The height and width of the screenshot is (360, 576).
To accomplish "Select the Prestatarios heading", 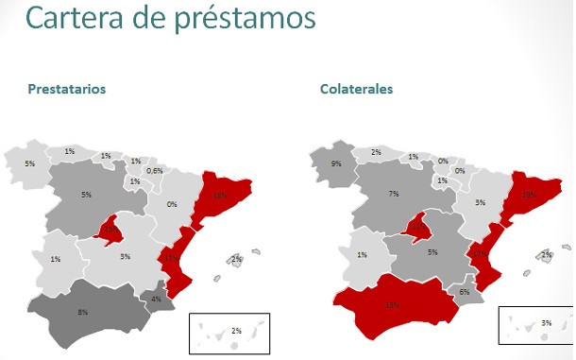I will click(66, 90).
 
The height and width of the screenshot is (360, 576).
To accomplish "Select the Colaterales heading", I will click(357, 90).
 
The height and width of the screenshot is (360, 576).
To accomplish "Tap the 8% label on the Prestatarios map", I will click(83, 312).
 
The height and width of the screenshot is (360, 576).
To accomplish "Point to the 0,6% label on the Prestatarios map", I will click(156, 171).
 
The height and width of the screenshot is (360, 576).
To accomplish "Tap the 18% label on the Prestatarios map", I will click(219, 196).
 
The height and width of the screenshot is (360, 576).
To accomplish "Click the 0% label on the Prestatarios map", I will click(172, 204).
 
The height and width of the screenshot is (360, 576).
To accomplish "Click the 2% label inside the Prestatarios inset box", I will click(236, 331).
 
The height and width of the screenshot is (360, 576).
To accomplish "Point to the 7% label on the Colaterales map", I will click(394, 194).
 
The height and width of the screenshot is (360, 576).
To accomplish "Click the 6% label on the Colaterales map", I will click(464, 293).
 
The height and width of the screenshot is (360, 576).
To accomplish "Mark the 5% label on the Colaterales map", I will click(432, 252).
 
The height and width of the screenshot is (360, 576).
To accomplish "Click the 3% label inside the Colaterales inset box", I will click(547, 323).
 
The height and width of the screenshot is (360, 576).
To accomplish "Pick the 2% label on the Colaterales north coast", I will click(376, 152).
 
